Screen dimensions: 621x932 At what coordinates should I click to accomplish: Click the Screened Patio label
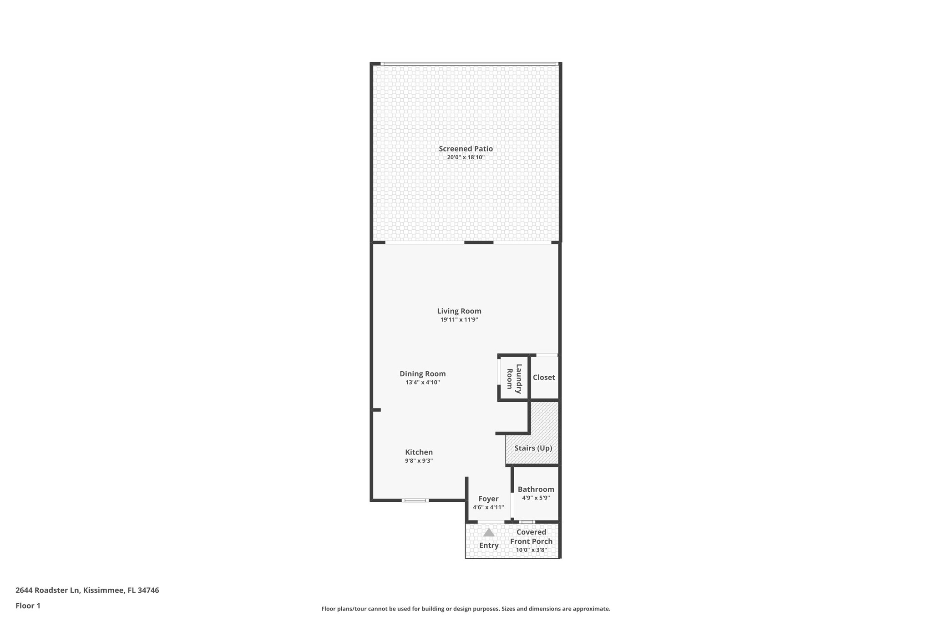[466, 149]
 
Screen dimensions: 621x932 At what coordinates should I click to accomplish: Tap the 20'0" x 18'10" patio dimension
[466, 157]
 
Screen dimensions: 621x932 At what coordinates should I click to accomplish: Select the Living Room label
[459, 311]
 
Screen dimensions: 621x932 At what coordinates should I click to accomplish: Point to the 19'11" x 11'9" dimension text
[459, 320]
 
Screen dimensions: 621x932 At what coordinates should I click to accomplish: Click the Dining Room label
[423, 374]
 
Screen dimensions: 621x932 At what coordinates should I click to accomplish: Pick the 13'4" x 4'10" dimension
[423, 383]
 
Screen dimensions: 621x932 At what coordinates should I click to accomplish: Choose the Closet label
[544, 378]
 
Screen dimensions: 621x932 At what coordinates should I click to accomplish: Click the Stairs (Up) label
[533, 448]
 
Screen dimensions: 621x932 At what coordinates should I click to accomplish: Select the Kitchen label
[419, 452]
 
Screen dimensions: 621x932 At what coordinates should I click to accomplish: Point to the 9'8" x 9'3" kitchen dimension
[419, 461]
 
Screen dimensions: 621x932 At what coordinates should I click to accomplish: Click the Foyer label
[488, 499]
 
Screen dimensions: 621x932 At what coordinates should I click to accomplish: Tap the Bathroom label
[536, 490]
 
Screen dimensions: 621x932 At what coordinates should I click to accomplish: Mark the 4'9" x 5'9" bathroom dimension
[536, 498]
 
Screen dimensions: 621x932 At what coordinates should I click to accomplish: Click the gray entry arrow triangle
[489, 532]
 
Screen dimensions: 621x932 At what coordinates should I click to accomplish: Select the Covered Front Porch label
[531, 537]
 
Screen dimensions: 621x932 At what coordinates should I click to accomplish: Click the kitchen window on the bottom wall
[415, 500]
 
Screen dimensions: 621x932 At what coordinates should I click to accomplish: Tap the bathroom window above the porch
[527, 522]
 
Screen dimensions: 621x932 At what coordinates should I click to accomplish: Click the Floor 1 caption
[28, 606]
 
